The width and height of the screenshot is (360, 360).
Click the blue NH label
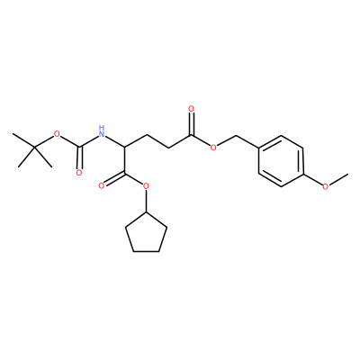(x=102, y=131)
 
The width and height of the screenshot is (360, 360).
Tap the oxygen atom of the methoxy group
(x=326, y=186)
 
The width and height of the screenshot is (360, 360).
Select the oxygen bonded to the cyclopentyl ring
(x=146, y=186)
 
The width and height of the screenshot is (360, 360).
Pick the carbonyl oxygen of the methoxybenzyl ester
(x=192, y=108)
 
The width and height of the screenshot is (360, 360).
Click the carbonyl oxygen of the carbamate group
(x=79, y=173)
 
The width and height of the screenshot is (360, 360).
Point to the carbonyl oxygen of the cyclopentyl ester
(x=102, y=186)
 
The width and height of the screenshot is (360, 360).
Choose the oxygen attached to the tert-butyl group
(x=57, y=134)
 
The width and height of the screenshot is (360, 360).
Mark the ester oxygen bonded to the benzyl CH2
(x=213, y=148)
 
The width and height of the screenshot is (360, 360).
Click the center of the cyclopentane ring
(x=146, y=234)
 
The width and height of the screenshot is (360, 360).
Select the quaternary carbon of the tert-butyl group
(x=34, y=147)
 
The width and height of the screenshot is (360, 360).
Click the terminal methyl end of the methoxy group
(x=347, y=174)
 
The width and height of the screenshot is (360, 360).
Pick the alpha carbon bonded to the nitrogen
(x=124, y=147)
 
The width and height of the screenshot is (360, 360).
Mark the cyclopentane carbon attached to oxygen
(x=146, y=211)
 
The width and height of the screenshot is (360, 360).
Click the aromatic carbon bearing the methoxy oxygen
(x=303, y=174)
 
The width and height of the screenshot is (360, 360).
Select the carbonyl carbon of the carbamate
(x=79, y=148)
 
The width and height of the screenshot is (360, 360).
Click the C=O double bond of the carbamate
(x=79, y=158)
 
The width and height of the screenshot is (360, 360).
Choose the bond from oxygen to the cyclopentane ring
(x=146, y=201)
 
